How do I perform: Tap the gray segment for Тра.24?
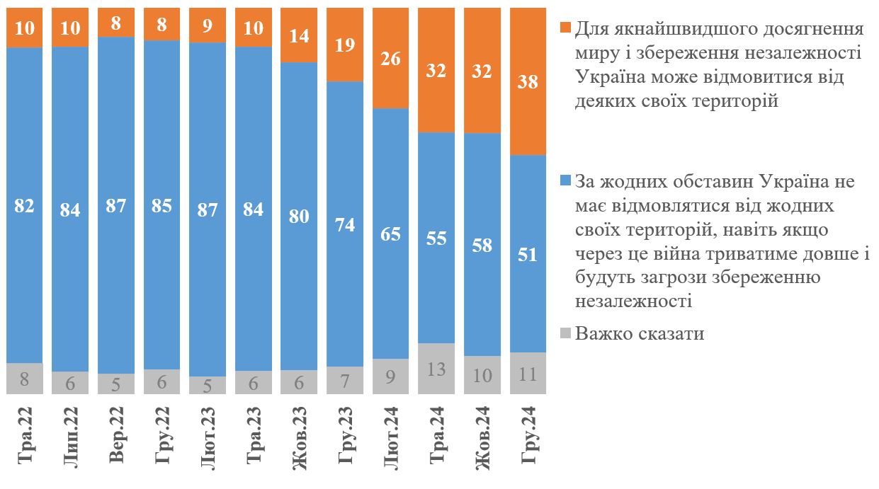point(437,368)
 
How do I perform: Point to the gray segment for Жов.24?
point(482,375)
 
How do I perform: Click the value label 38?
point(528,82)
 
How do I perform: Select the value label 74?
point(345,225)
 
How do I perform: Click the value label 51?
point(528,254)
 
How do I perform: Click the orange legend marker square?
point(565,28)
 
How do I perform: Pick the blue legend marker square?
point(565,181)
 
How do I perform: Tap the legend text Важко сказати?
point(640,333)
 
